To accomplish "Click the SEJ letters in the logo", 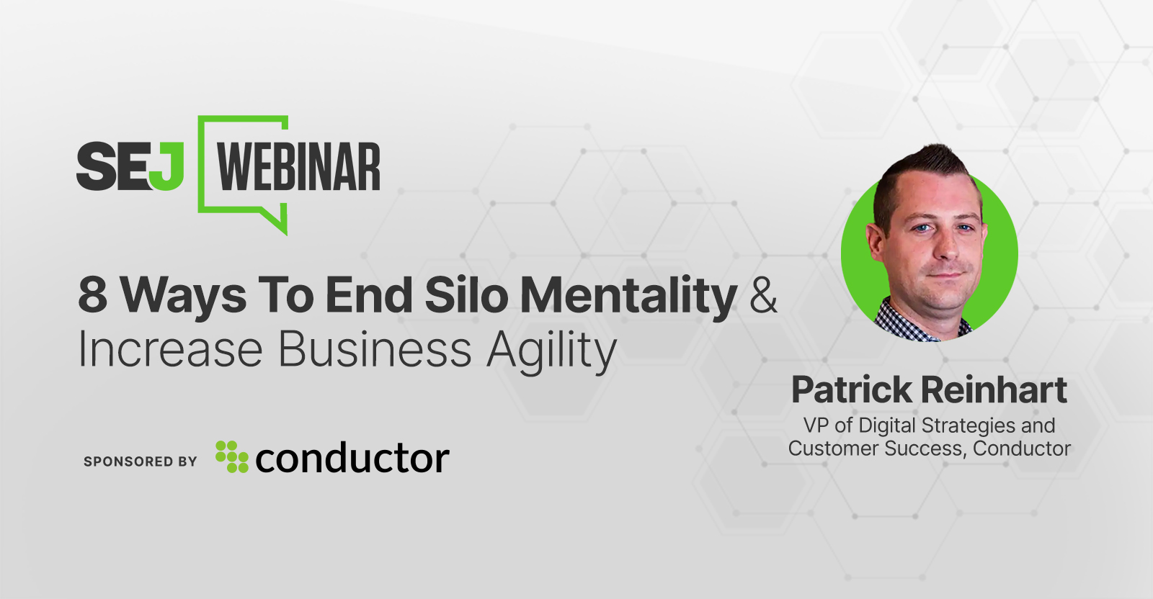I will (x=130, y=166).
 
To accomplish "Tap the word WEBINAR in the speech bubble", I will (x=299, y=167).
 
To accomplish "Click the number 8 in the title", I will (x=92, y=295).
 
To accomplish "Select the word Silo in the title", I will (x=466, y=295).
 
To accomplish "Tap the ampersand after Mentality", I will (x=763, y=295).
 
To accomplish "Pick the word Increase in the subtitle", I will (x=170, y=350).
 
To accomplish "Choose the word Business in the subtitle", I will (x=375, y=350).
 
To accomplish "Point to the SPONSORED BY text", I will (x=141, y=461).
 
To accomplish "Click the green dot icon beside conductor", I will (x=231, y=456).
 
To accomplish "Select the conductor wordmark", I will (x=352, y=459).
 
